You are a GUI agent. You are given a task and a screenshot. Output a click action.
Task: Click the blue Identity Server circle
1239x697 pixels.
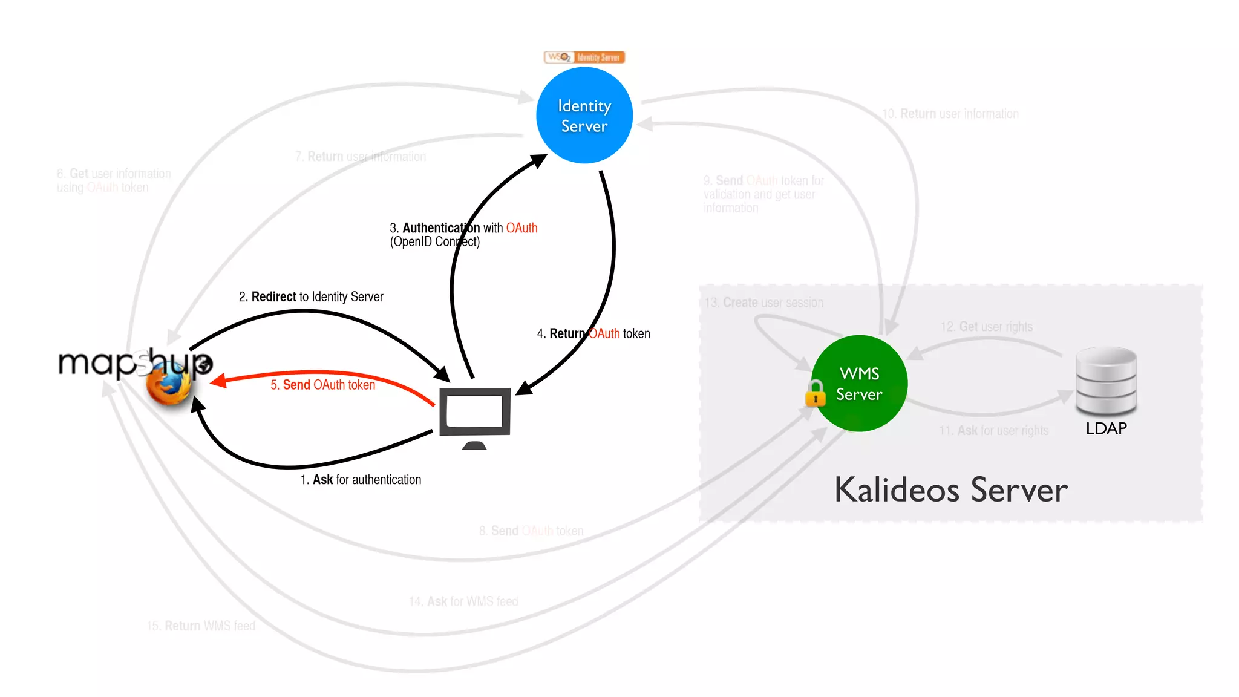[584, 116]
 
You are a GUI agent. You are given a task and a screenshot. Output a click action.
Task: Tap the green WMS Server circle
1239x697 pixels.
[859, 384]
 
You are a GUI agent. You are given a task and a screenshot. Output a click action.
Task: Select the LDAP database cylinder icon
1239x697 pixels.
[1106, 381]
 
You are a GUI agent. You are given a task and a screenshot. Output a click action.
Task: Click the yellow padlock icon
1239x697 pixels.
[815, 394]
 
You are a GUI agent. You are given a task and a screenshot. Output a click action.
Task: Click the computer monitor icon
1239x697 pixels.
[475, 414]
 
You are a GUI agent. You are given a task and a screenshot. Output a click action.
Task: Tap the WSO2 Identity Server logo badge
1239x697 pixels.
[584, 57]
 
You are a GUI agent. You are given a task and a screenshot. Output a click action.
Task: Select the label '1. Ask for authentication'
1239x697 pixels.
[361, 480]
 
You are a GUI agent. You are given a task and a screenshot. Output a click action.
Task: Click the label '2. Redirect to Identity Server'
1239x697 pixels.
[311, 296]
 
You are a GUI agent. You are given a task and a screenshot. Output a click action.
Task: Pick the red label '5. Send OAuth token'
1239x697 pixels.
[322, 385]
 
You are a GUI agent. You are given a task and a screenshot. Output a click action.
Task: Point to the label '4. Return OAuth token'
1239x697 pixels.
[593, 333]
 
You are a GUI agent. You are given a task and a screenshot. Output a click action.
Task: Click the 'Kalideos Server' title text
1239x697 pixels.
[951, 490]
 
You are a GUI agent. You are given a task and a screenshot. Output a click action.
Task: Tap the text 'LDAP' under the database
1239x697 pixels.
[1106, 428]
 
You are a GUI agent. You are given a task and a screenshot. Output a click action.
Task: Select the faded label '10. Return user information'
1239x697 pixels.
[950, 114]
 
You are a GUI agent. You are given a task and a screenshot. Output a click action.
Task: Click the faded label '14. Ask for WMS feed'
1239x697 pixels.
[463, 601]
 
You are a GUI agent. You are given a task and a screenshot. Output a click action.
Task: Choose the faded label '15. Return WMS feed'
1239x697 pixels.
[201, 626]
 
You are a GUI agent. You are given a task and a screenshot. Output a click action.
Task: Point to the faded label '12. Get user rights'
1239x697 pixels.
[987, 327]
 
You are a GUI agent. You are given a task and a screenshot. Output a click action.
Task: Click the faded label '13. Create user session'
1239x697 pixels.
[764, 303]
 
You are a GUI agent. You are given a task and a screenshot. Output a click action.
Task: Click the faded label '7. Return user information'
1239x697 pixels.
[361, 157]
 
